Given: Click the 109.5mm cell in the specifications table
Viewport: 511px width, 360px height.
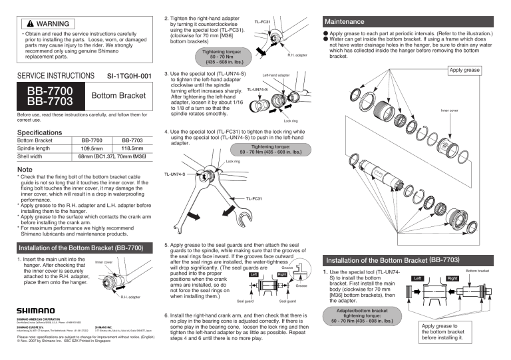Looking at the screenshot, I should (x=91, y=149).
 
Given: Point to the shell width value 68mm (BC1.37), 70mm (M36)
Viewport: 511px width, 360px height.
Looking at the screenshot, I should (x=111, y=157).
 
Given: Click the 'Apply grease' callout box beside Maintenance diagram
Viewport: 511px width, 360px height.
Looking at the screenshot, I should (x=464, y=70).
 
